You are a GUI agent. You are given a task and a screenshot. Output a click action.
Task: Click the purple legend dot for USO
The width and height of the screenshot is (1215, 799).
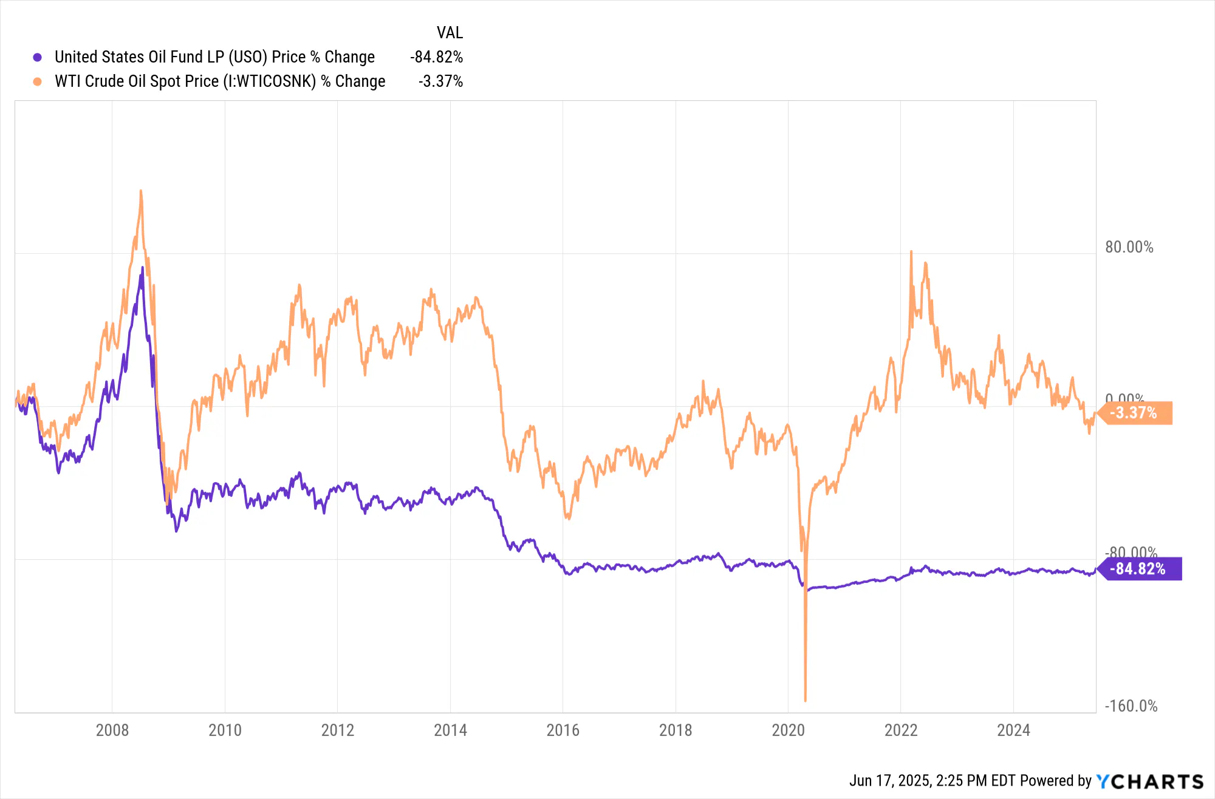(37, 58)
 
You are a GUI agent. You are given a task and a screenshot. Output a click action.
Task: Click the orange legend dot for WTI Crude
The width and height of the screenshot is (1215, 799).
(37, 81)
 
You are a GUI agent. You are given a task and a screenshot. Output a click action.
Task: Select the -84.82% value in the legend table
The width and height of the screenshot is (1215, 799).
(436, 57)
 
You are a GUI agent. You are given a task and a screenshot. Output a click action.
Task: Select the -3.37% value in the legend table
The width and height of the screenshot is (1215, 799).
(440, 81)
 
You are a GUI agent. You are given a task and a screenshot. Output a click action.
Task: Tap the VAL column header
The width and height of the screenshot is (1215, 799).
(450, 33)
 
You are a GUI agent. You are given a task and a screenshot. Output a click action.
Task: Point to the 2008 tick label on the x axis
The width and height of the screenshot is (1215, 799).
(112, 730)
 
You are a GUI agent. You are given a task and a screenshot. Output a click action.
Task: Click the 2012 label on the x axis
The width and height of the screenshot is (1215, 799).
(337, 730)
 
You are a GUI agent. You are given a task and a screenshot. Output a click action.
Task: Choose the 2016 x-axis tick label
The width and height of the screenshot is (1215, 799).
(563, 730)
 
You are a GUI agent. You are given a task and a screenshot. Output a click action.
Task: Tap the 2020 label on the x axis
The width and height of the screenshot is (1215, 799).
(788, 730)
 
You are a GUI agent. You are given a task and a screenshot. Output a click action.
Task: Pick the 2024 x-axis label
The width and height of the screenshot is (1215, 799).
(1013, 730)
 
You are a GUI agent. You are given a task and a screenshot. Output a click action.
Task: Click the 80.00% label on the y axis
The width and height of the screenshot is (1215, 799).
(1129, 247)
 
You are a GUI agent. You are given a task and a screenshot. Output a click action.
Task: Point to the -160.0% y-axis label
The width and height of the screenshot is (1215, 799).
(1131, 706)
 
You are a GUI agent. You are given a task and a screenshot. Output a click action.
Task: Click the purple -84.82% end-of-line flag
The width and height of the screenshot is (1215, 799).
(1139, 569)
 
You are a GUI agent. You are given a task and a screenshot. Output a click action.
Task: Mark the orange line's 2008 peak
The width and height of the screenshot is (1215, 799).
(141, 191)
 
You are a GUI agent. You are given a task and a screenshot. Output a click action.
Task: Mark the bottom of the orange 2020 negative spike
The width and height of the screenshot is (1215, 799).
(806, 700)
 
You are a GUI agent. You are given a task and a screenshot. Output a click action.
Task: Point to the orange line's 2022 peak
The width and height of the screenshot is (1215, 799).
(911, 251)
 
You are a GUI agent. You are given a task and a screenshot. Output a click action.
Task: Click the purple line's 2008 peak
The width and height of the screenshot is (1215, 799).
(143, 268)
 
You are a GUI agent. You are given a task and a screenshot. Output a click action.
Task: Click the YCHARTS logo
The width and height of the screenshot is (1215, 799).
(1150, 781)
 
